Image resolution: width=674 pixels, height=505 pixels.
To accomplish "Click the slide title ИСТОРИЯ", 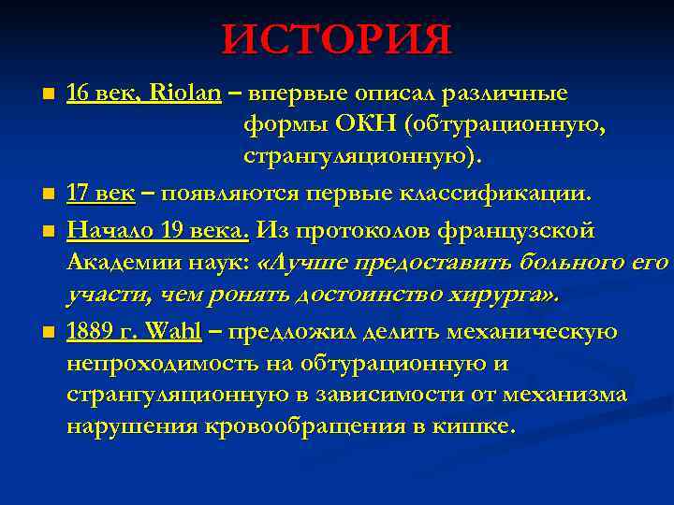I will [337, 39].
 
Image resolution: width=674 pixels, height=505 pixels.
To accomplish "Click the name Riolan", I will [185, 94].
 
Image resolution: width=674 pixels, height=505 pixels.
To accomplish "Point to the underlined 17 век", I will [101, 195].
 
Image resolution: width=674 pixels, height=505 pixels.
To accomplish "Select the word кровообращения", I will [286, 427].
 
